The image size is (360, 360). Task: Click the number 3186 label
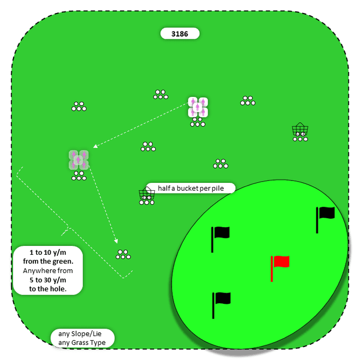point(180,34)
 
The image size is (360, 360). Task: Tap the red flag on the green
point(281,262)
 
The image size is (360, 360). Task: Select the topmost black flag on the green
point(326,213)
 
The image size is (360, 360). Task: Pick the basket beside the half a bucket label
point(147,195)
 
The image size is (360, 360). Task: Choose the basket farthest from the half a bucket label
point(300,130)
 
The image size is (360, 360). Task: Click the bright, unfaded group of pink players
point(198,107)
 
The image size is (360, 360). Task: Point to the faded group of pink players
point(79,160)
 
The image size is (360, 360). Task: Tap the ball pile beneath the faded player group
point(79,176)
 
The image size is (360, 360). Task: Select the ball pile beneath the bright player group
point(198,123)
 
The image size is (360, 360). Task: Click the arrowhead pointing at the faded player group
point(96,147)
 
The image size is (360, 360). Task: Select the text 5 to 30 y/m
point(48,280)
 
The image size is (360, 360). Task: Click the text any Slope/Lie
point(80,334)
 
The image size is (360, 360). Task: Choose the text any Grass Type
point(82,343)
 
